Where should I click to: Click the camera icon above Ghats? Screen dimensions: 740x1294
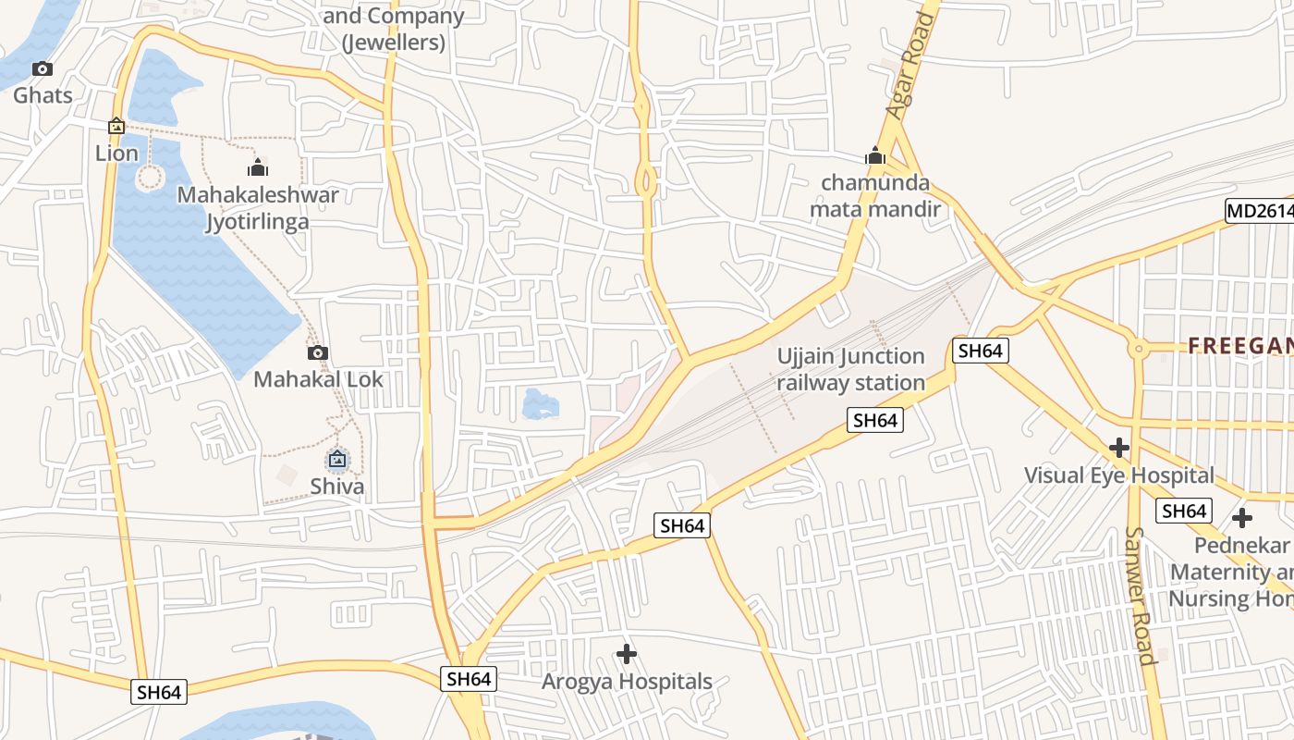tap(43, 69)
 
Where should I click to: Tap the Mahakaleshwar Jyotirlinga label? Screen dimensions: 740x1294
tap(258, 208)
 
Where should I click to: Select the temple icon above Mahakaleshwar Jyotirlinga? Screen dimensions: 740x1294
tap(258, 167)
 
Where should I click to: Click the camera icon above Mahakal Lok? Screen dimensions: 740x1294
tap(317, 352)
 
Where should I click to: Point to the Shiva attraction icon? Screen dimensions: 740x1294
tap(337, 458)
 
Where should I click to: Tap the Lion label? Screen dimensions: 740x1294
tap(116, 153)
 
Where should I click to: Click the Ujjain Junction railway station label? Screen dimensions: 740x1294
tap(850, 369)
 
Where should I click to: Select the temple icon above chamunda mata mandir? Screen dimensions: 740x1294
tap(875, 155)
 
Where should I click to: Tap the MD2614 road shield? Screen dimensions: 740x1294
tap(1259, 211)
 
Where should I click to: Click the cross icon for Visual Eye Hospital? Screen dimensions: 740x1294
tap(1119, 449)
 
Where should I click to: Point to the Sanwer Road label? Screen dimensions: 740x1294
tap(1139, 596)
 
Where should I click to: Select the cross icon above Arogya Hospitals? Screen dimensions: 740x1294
tap(627, 655)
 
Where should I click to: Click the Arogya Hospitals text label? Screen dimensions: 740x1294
tap(627, 683)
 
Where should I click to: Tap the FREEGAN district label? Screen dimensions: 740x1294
tap(1239, 346)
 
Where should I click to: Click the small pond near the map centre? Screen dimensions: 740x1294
tap(540, 404)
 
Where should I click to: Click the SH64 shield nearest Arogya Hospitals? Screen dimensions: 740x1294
tap(469, 679)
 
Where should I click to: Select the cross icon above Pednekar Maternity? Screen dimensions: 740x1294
tap(1241, 518)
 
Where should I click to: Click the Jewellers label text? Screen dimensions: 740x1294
tap(394, 43)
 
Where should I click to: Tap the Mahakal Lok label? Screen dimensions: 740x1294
tap(318, 379)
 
